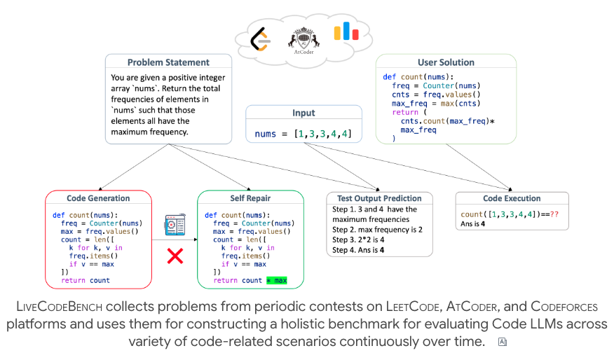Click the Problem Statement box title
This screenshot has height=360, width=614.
[168, 62]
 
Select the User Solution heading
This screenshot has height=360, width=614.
[446, 62]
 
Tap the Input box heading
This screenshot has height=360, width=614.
[303, 113]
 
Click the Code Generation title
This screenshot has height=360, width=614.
[98, 198]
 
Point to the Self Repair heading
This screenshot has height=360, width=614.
[250, 198]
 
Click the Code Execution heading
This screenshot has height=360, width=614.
[512, 198]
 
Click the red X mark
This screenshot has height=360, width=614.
[175, 256]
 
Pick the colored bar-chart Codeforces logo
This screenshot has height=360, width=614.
[346, 32]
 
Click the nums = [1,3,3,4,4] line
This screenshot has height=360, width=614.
[303, 134]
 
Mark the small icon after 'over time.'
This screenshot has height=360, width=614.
[501, 342]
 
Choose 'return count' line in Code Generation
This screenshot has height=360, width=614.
[86, 280]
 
